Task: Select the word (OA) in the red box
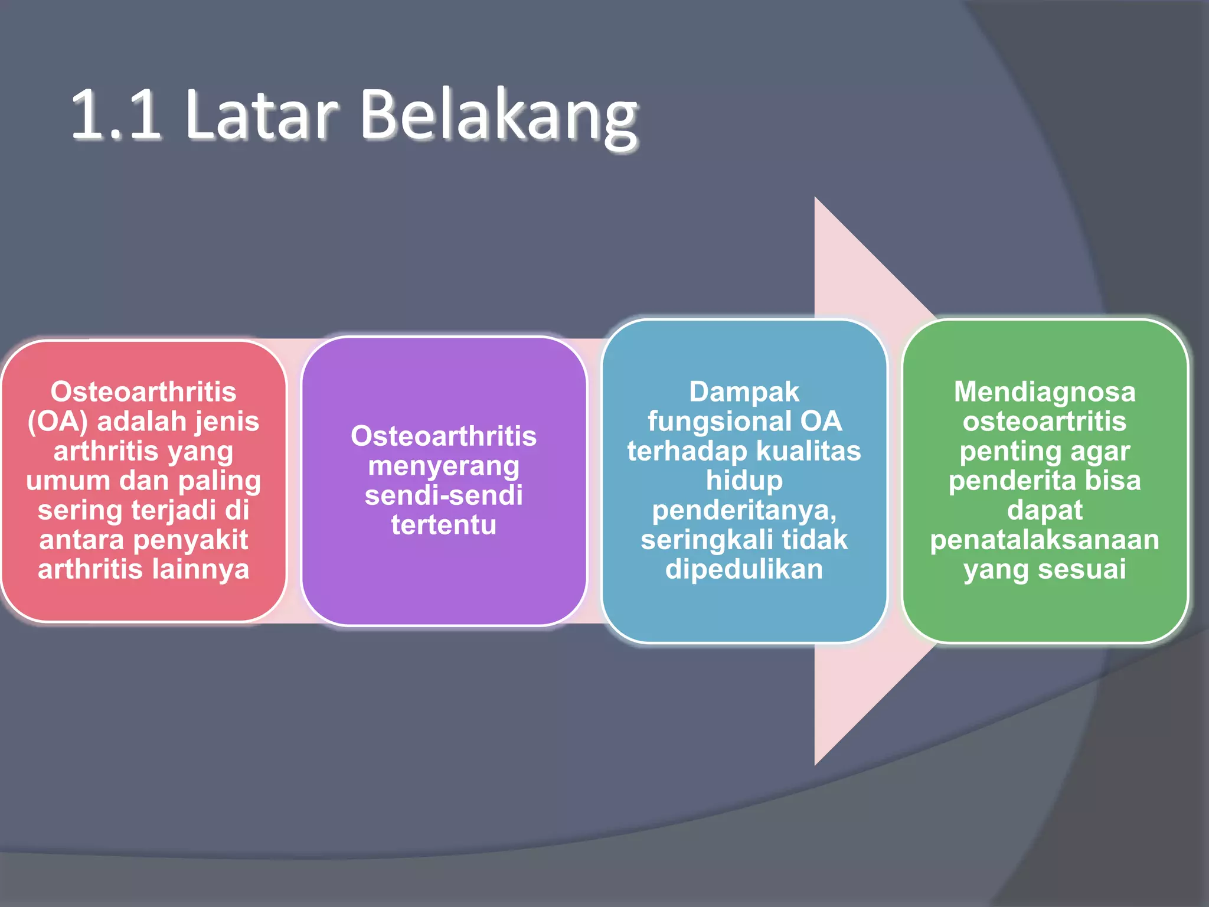click(x=58, y=422)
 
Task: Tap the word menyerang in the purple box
click(x=444, y=466)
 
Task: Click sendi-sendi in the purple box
click(x=444, y=495)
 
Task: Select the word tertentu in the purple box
click(x=444, y=525)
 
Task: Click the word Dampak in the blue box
click(x=744, y=392)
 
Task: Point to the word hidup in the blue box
click(x=744, y=481)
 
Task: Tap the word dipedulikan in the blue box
click(x=744, y=569)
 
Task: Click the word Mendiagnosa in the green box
click(x=1044, y=392)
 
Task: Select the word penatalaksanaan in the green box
click(x=1044, y=540)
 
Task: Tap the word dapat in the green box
click(x=1044, y=510)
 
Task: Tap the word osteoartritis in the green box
click(x=1044, y=422)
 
